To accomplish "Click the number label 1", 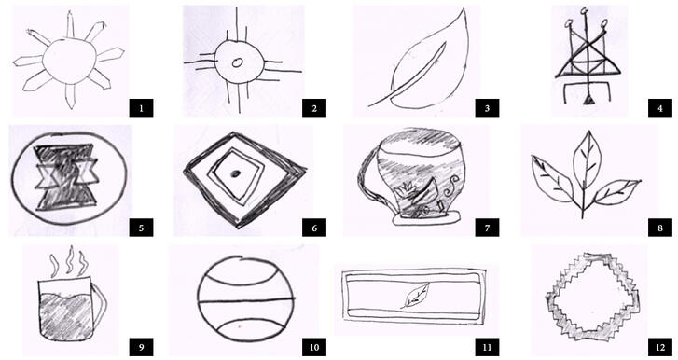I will pyautogui.click(x=140, y=107).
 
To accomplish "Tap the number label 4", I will pyautogui.click(x=658, y=108).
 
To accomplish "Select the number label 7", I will pyautogui.click(x=486, y=228).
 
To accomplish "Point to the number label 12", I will pyautogui.click(x=657, y=347).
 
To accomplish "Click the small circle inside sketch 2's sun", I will pyautogui.click(x=236, y=63).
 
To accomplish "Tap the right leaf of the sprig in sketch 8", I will pyautogui.click(x=617, y=191).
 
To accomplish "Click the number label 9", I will pyautogui.click(x=140, y=347).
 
